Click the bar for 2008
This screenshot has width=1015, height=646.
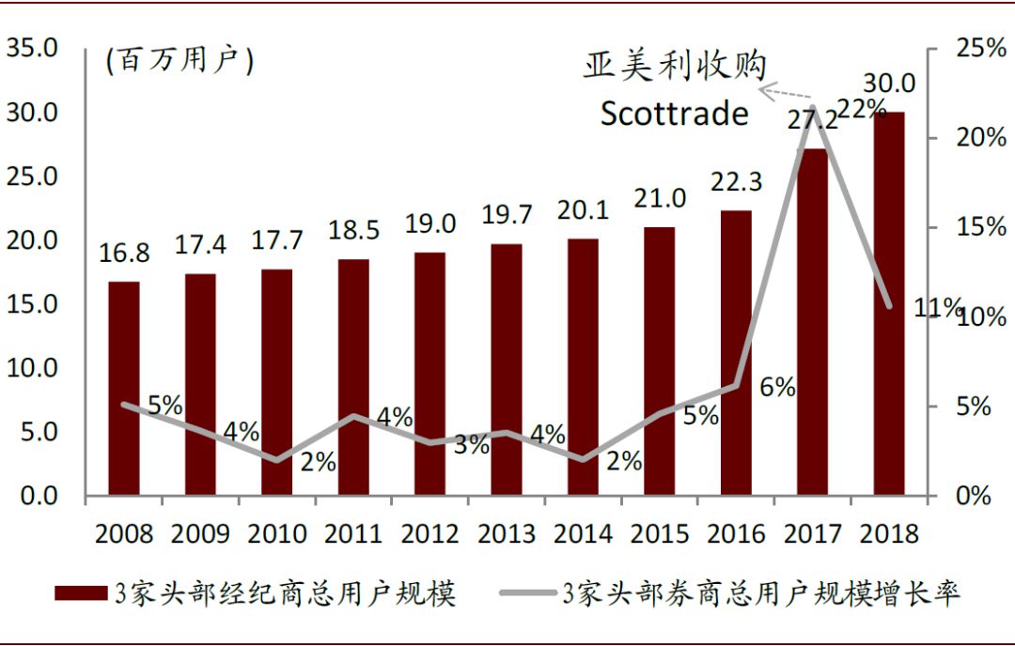(x=124, y=388)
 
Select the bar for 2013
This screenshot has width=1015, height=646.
(x=507, y=369)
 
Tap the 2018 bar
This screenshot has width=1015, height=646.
(x=889, y=303)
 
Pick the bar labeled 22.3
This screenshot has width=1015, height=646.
(x=736, y=352)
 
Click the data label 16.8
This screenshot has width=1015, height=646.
(x=124, y=254)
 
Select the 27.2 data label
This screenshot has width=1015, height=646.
(x=812, y=122)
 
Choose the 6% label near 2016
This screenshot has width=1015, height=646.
(x=777, y=386)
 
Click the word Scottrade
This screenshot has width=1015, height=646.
(x=675, y=114)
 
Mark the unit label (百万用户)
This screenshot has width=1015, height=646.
(x=180, y=62)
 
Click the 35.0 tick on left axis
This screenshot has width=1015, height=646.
(x=32, y=48)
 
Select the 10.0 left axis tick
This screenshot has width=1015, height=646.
(x=32, y=368)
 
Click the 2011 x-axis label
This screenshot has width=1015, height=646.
(x=353, y=533)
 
